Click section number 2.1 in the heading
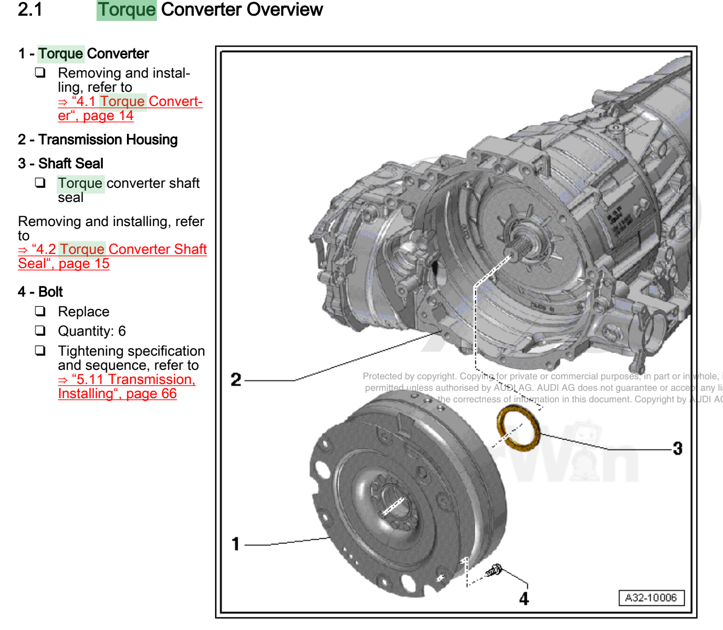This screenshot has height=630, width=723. pos(30,10)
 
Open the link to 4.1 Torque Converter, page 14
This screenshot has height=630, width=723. pos(130,109)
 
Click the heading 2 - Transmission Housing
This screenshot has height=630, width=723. pos(98,140)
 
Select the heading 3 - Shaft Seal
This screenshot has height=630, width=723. pos(60,164)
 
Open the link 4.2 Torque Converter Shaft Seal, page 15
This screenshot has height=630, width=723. pos(112,257)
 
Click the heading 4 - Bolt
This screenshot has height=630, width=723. pos(40,292)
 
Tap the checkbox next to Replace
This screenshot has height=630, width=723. pos(40,311)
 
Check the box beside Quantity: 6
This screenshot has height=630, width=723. pos(40,330)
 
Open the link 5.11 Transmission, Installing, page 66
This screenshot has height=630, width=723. pos(126,387)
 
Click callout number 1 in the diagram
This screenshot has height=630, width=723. pos(236,544)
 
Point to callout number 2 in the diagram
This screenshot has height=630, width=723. pos(236,379)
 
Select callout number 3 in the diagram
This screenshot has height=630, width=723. pos(677,449)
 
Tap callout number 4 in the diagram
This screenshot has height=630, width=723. pos(524,599)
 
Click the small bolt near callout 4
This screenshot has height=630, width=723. pos(495,570)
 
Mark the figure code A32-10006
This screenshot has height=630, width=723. pos(651,598)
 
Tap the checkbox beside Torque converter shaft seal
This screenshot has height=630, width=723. pos(40,183)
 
